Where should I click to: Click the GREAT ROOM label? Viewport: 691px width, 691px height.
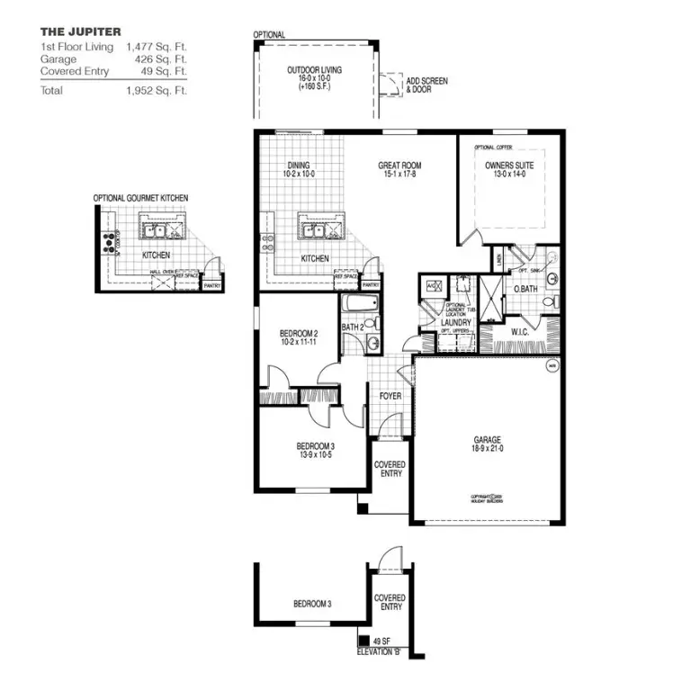click(399, 166)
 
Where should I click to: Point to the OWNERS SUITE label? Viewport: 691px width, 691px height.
click(509, 166)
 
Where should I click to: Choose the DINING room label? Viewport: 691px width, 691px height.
click(299, 166)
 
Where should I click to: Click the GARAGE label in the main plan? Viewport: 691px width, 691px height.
click(487, 441)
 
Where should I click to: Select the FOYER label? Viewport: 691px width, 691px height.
click(390, 395)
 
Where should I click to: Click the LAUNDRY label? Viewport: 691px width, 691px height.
click(456, 321)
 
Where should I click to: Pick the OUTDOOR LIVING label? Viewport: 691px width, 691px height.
click(314, 70)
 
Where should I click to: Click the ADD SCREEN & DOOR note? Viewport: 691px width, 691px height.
click(426, 85)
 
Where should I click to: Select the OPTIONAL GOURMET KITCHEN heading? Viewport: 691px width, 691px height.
click(140, 198)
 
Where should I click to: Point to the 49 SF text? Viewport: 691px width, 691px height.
click(381, 641)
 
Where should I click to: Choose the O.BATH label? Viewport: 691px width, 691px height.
click(525, 289)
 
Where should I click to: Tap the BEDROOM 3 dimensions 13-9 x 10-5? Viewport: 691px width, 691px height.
click(316, 455)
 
